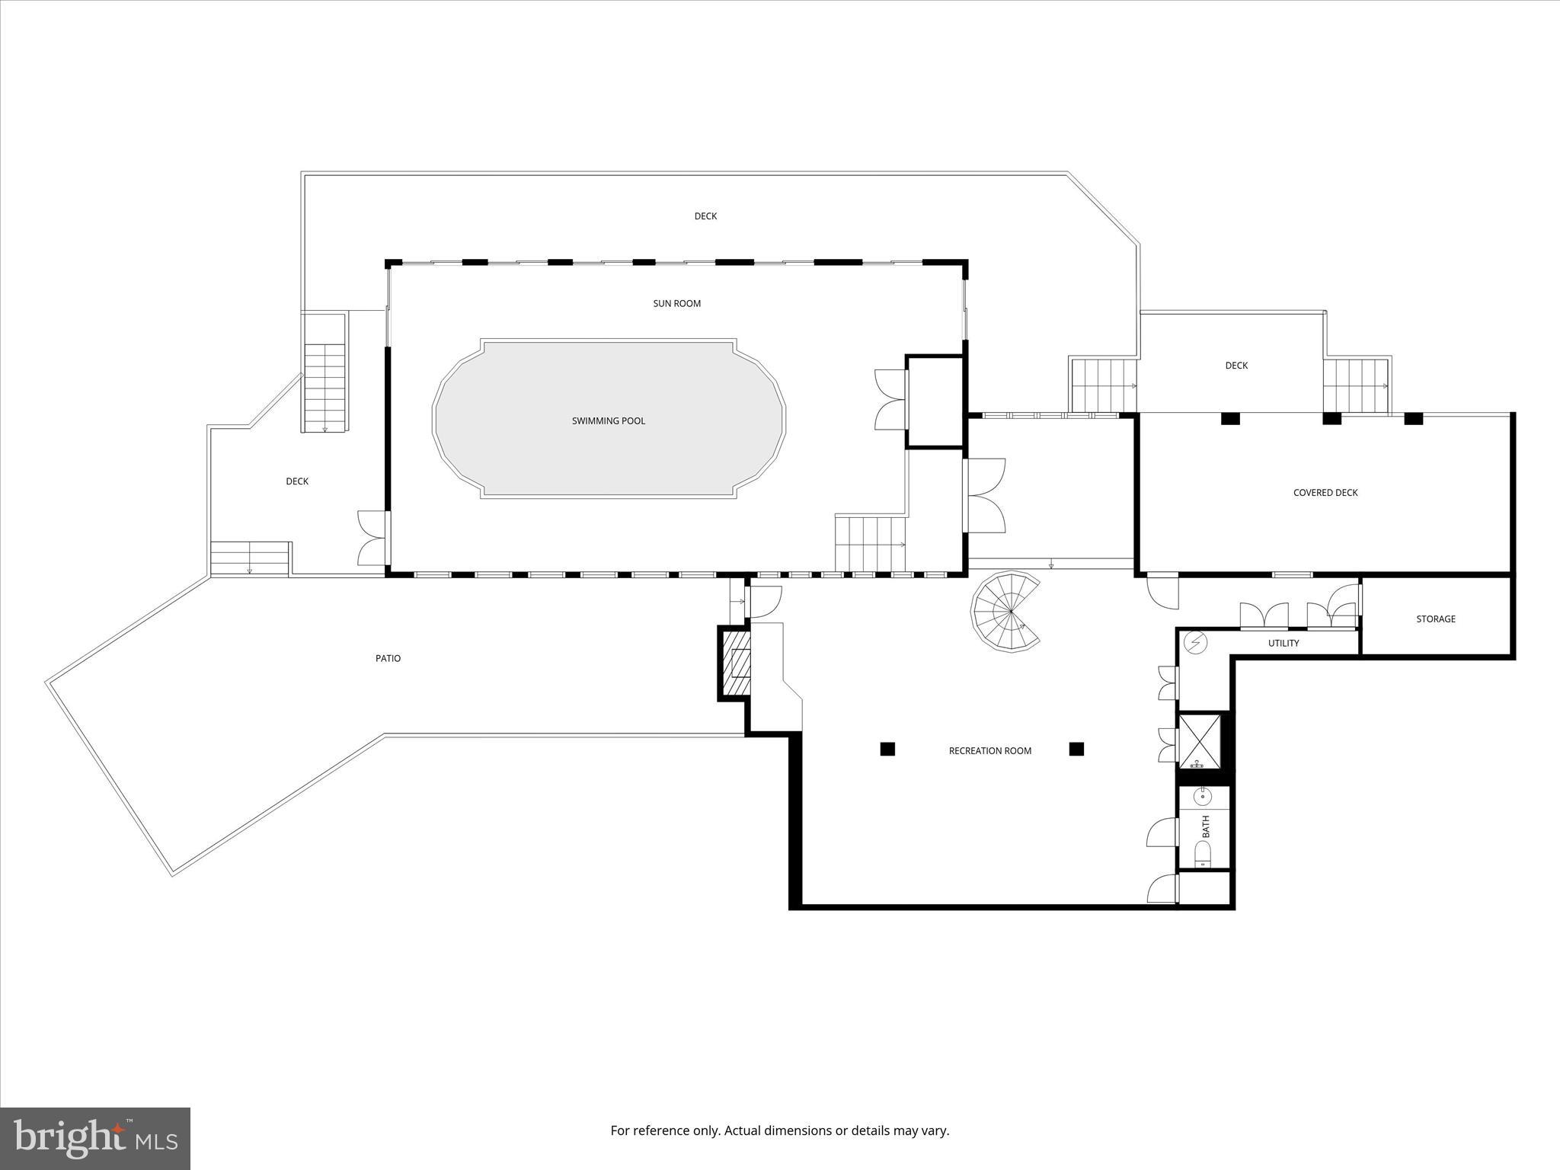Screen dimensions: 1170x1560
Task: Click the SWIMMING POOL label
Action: point(608,421)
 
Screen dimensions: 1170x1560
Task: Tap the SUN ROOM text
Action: point(676,304)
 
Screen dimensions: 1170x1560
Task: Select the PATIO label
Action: point(388,659)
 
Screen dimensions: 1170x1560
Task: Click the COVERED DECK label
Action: point(1325,493)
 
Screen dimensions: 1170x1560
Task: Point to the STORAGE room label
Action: point(1436,619)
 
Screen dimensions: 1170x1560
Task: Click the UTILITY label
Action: point(1283,644)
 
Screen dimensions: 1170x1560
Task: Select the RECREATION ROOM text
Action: point(989,751)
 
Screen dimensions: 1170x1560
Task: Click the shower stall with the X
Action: point(1200,740)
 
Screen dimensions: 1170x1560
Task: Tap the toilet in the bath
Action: point(1203,854)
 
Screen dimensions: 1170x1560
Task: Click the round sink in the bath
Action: point(1203,797)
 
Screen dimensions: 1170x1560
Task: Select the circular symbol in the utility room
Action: point(1196,644)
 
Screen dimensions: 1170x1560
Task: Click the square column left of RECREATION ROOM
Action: point(887,750)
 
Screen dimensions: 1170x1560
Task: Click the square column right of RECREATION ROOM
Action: point(1076,750)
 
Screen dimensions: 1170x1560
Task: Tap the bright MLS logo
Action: point(95,1139)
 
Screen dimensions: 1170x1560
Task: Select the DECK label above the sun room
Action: point(705,216)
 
